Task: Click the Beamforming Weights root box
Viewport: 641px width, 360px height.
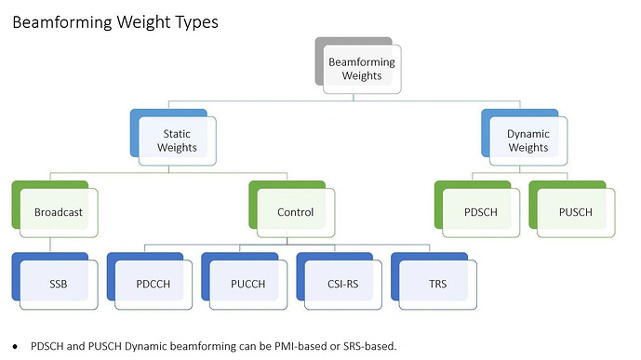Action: (x=362, y=69)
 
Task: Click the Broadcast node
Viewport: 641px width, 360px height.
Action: (x=59, y=211)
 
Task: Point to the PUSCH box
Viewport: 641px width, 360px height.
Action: (x=574, y=211)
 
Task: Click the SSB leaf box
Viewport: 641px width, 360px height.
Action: (x=59, y=283)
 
